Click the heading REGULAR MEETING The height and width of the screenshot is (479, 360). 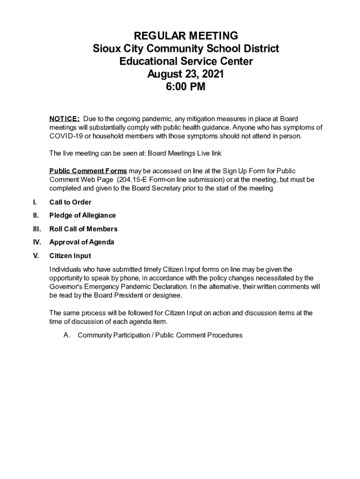click(x=186, y=36)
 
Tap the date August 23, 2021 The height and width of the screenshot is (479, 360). click(x=186, y=74)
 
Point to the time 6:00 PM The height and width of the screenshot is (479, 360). click(x=186, y=87)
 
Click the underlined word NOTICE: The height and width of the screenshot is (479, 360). click(x=65, y=119)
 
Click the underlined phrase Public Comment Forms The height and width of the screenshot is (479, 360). click(x=88, y=171)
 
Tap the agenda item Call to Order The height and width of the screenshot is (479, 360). click(x=70, y=202)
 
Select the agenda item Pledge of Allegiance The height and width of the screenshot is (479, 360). click(x=82, y=215)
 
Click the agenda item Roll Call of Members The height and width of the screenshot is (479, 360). click(x=83, y=229)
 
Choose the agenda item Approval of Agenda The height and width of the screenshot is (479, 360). click(x=81, y=242)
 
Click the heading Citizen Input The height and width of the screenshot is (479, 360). click(x=70, y=256)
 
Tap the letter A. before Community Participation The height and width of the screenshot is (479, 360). click(x=67, y=335)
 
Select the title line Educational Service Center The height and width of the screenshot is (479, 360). click(x=186, y=61)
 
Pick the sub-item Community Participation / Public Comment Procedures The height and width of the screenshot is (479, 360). click(x=160, y=335)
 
